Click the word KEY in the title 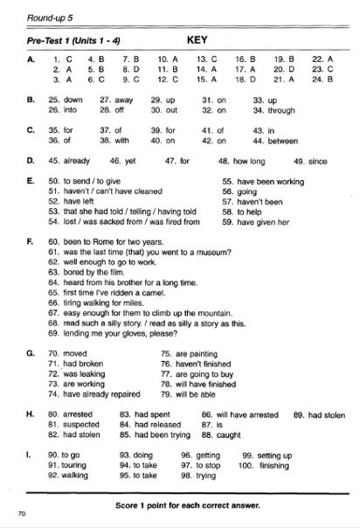[196, 39]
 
